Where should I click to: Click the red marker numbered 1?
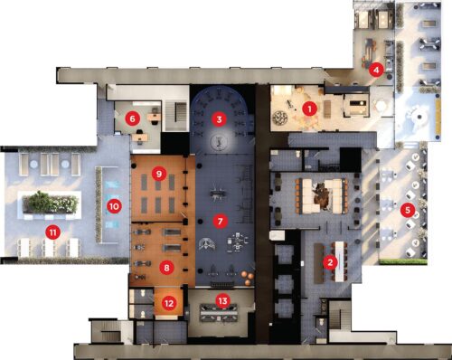310,109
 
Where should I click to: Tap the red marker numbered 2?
330,262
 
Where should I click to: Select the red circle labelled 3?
219,119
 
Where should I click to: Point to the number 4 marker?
376,70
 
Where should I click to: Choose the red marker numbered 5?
408,210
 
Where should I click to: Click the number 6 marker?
132,118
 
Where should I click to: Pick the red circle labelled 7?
220,222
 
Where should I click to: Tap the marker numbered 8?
166,267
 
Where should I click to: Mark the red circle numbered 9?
159,174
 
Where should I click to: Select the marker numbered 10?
114,206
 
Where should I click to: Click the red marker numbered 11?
53,232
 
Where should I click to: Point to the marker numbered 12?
169,303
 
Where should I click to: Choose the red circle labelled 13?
222,300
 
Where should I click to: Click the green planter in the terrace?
50,203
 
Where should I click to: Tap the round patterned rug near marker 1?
280,118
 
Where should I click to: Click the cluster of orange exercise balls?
248,278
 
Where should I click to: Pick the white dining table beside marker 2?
339,261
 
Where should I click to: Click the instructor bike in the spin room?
218,141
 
